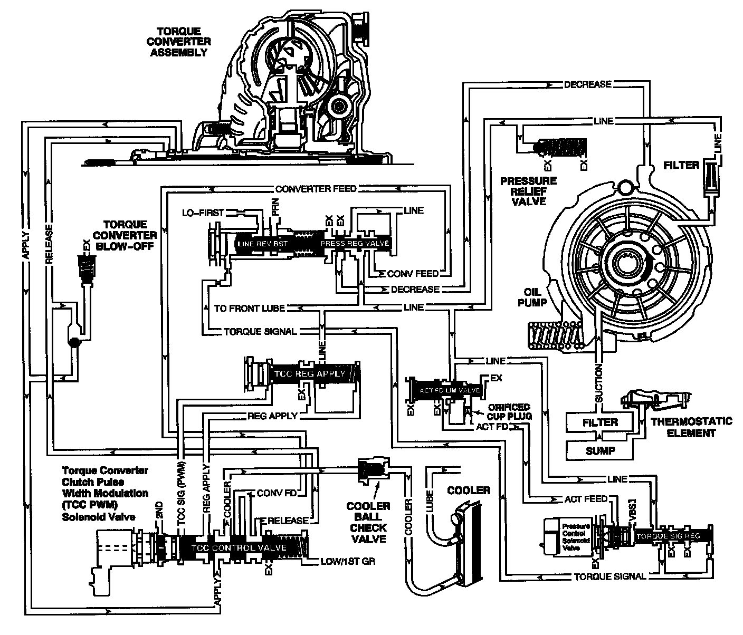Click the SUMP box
[600, 450]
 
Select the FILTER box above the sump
[600, 422]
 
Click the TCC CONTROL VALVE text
[239, 548]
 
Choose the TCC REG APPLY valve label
[310, 374]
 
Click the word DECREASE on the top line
[587, 84]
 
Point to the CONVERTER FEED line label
[316, 189]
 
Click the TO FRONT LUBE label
[250, 308]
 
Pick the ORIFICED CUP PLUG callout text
[509, 411]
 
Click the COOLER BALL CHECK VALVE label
[368, 522]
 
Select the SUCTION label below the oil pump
[599, 383]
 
